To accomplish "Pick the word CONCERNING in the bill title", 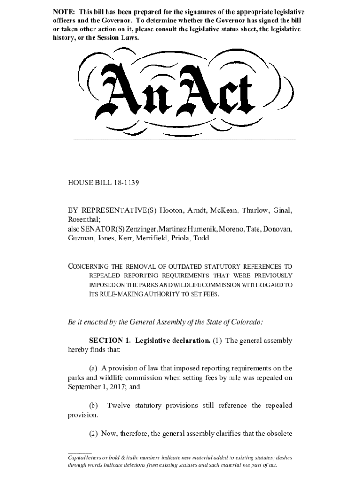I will click(92, 266).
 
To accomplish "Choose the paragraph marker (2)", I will click(94, 434).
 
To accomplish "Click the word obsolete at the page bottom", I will click(277, 434).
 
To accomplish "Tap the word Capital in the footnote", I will click(78, 458).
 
